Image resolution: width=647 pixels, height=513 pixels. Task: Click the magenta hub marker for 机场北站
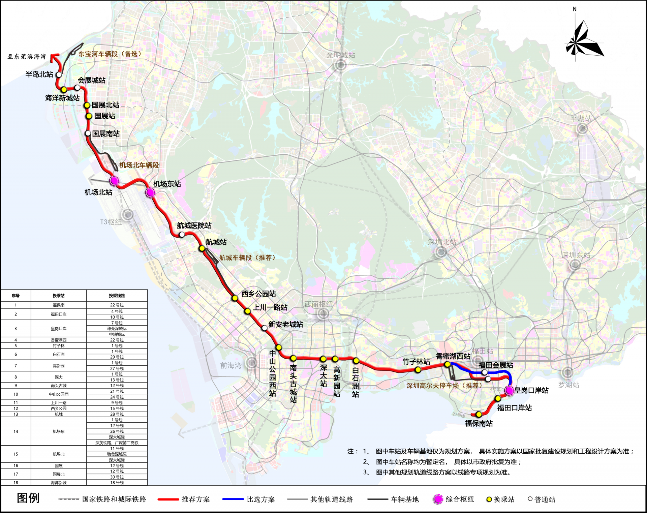point(114,181)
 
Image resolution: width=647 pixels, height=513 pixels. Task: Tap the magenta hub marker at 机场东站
point(150,192)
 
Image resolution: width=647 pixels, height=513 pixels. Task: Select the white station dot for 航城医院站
point(182,235)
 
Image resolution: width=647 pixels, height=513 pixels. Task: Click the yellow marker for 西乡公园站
point(235,298)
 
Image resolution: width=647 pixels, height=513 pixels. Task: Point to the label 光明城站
point(341,55)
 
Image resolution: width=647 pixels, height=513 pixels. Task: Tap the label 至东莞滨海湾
point(27,57)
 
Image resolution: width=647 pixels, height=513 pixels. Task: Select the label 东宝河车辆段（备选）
point(110,54)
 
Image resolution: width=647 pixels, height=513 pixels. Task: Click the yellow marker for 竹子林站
point(418,370)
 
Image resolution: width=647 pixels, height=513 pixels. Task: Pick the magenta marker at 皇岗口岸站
point(509,390)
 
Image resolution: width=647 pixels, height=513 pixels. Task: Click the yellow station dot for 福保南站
point(479,414)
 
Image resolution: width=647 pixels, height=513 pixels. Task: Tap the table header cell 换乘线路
point(117,296)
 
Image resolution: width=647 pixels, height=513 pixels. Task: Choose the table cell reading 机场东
point(59,431)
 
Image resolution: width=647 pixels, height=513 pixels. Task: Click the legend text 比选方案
point(261,499)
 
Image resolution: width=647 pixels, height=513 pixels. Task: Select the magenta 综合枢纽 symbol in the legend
point(438,499)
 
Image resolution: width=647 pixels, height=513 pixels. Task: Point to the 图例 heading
point(28,498)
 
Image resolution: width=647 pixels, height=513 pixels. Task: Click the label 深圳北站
point(442,242)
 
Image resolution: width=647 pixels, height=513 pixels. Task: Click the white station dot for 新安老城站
point(265,328)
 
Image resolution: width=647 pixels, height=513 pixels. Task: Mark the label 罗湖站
point(568,385)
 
